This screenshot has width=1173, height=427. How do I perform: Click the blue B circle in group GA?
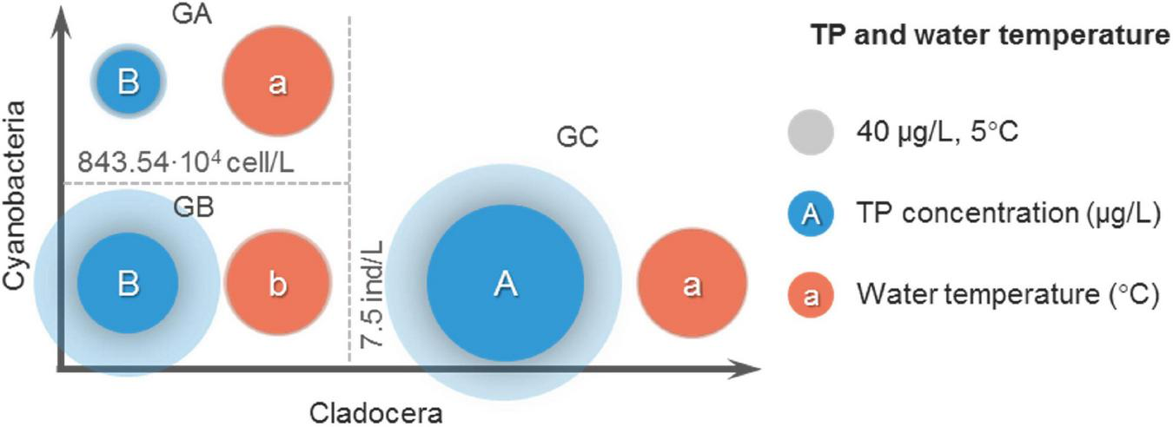(x=129, y=82)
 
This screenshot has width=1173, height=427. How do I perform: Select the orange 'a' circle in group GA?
(x=278, y=84)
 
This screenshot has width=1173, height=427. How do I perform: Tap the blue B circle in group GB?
(x=128, y=284)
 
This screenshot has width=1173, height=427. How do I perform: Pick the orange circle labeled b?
(x=278, y=284)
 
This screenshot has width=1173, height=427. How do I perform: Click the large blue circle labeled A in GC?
(x=505, y=284)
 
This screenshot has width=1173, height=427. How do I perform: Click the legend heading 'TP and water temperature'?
(x=988, y=36)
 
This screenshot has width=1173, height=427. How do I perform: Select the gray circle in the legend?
(x=811, y=133)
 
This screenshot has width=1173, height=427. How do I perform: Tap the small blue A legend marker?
(x=811, y=214)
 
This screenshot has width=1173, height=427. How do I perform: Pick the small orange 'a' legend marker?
(x=811, y=295)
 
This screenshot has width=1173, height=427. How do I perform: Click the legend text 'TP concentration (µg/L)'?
(x=1007, y=214)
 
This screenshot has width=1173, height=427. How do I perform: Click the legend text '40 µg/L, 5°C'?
(x=933, y=133)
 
